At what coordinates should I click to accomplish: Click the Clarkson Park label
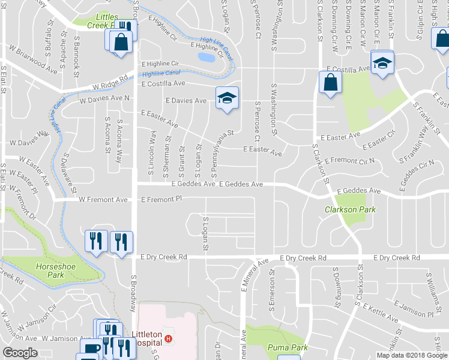(350, 210)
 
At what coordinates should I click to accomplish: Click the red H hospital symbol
(169, 339)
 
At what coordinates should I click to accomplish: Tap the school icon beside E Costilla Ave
(382, 63)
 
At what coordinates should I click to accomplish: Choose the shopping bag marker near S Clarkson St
(331, 82)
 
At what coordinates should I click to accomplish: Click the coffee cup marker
(91, 349)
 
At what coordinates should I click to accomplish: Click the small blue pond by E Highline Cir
(205, 58)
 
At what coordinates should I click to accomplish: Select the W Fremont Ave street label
(103, 199)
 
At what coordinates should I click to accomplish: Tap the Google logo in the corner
(20, 353)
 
